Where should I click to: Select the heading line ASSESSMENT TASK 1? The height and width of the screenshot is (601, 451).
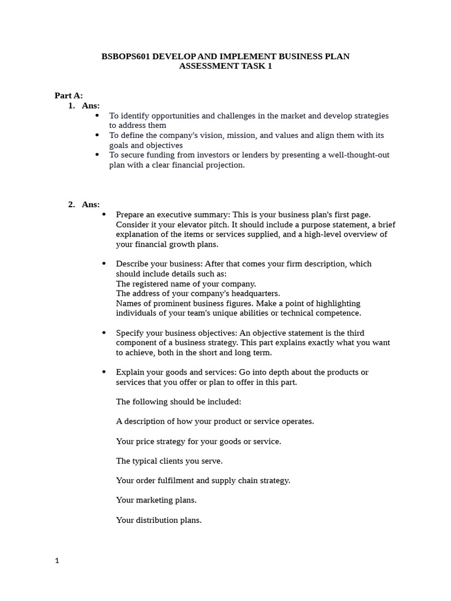point(225,66)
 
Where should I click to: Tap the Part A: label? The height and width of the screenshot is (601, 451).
point(69,95)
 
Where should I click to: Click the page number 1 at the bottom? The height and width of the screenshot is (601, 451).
point(57,561)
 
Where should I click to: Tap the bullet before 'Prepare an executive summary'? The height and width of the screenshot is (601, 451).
point(104,214)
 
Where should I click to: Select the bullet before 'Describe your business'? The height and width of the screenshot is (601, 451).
point(104,264)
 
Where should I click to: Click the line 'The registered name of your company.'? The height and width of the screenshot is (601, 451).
point(186,283)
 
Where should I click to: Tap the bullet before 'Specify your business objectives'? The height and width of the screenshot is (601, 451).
point(104,333)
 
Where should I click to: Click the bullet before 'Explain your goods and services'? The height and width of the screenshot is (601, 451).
point(104,372)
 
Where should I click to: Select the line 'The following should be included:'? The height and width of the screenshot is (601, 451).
point(179,401)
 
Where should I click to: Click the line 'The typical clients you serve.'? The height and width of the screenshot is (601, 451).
point(169,461)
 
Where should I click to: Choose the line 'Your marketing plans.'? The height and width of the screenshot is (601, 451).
point(156,500)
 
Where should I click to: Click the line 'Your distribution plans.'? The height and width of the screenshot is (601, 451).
point(159,520)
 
